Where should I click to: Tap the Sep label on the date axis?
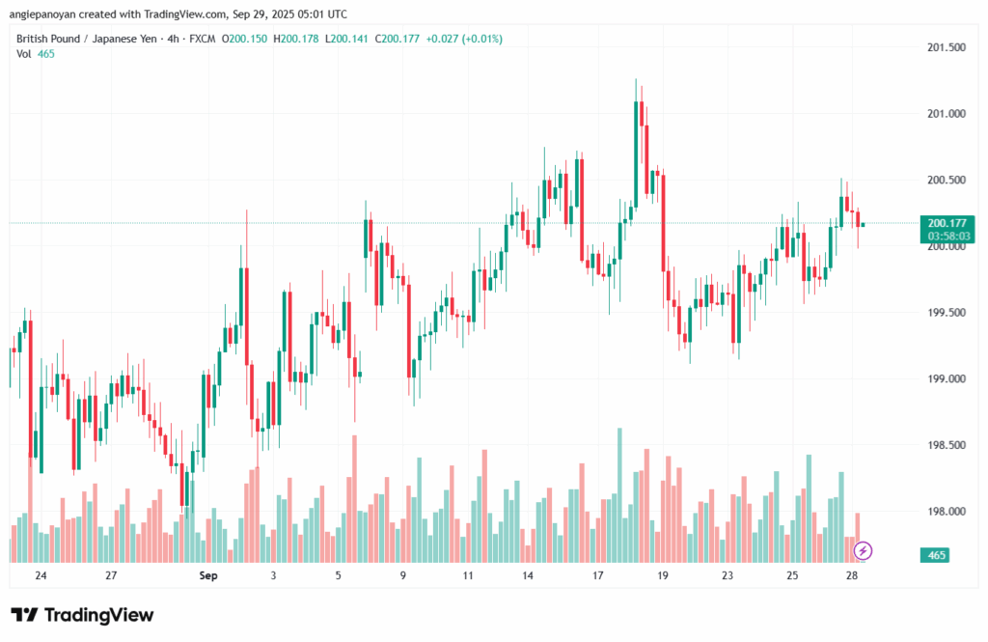coord(206,575)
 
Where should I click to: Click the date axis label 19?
coord(663,575)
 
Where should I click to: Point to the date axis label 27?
coord(111,575)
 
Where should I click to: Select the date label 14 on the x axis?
coord(528,575)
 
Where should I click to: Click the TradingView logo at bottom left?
coord(82,615)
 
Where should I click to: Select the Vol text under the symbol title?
coord(24,54)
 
